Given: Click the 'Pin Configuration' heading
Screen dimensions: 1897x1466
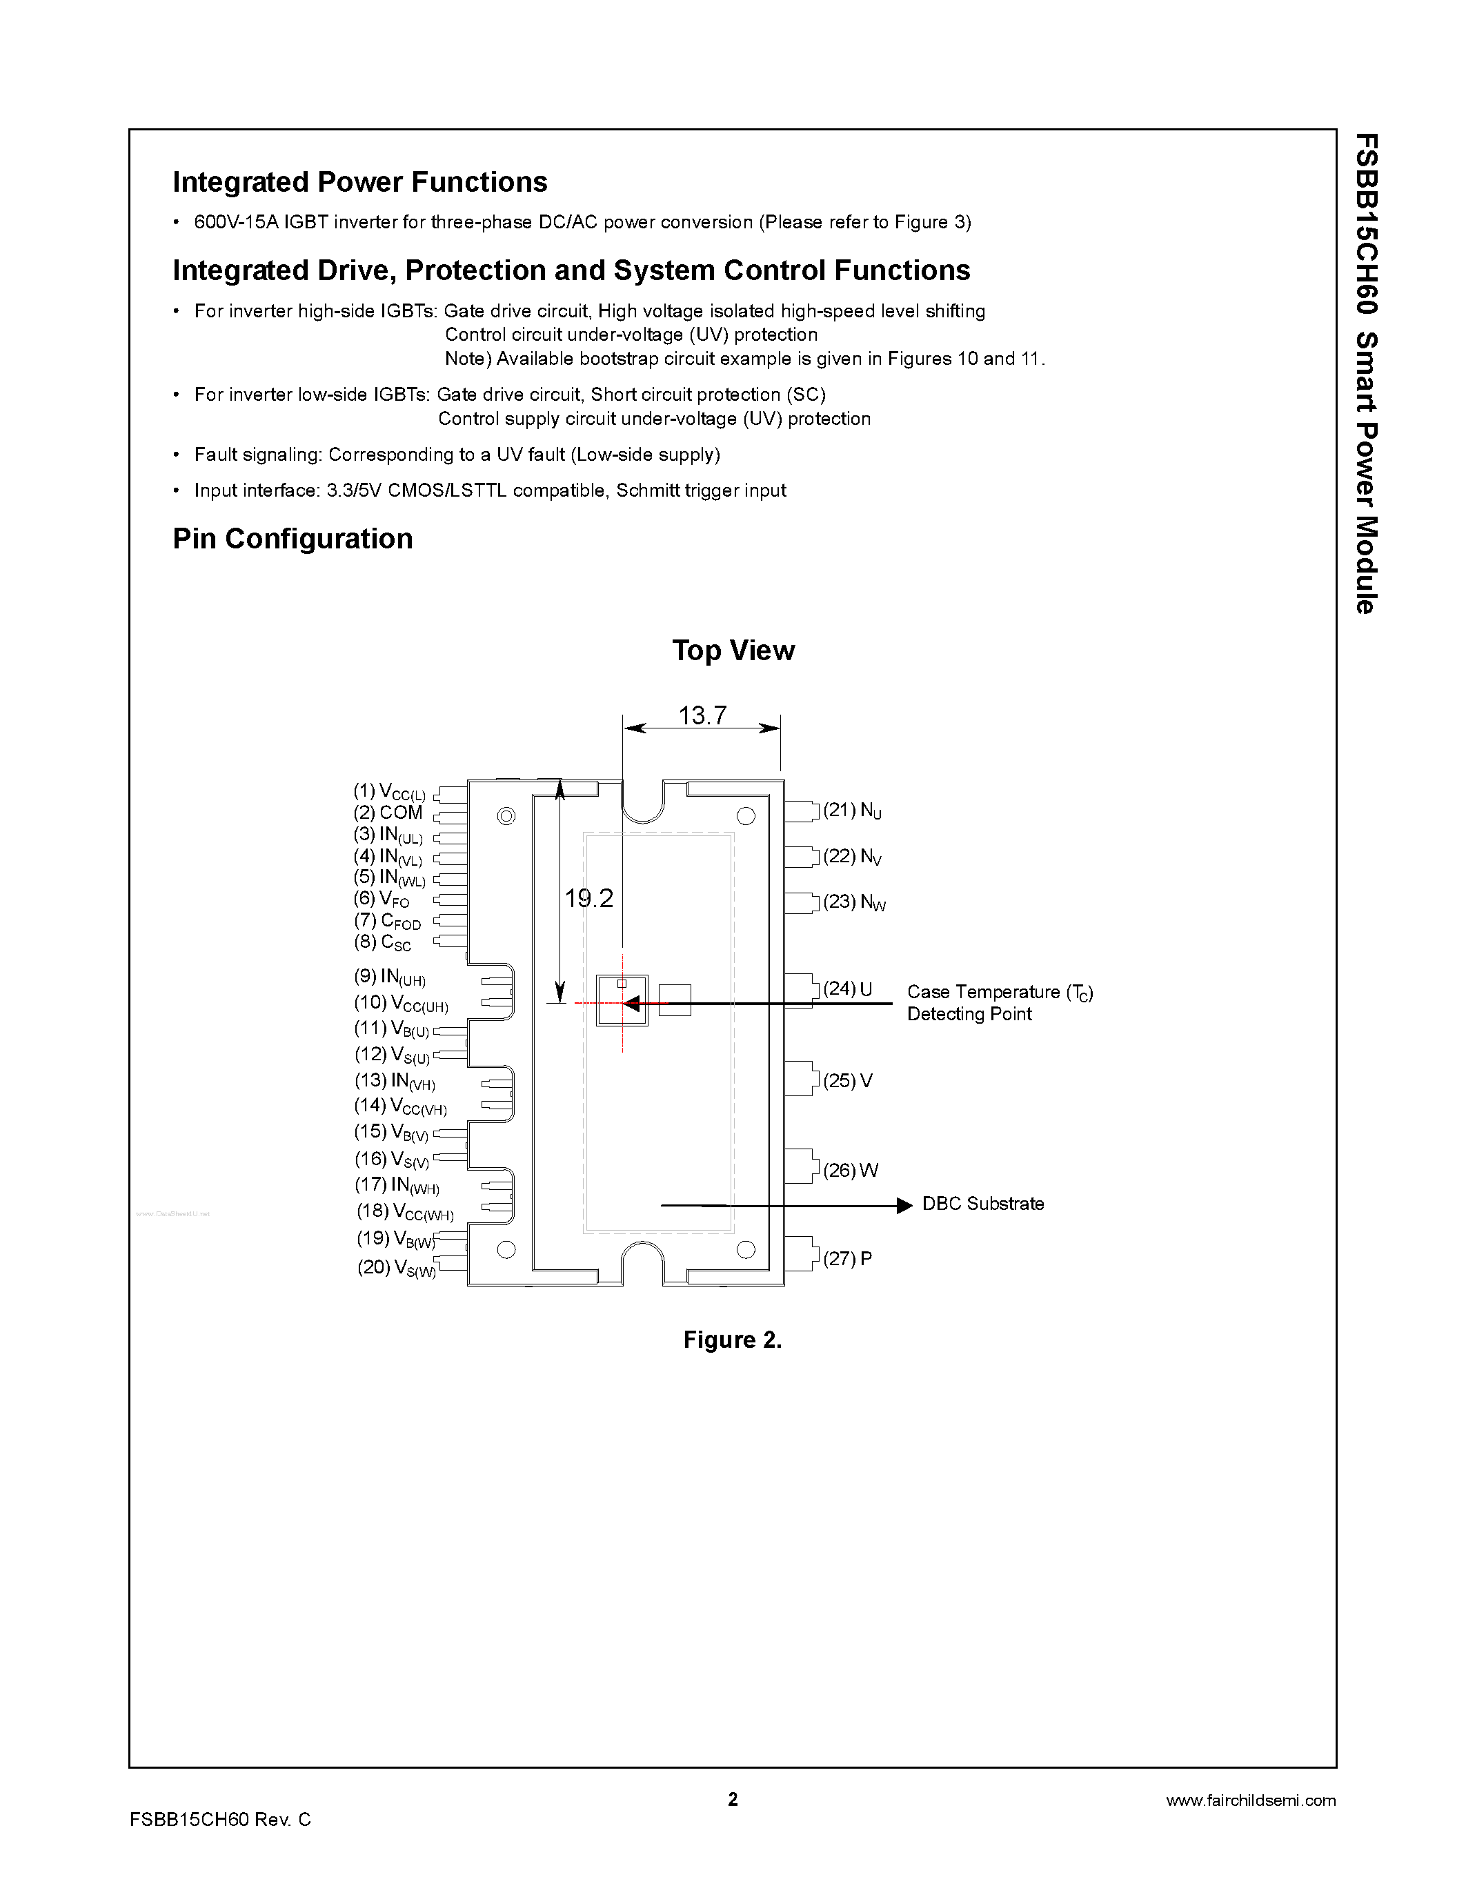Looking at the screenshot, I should coord(293,539).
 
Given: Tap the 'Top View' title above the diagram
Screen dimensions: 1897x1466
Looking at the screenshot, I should coord(733,650).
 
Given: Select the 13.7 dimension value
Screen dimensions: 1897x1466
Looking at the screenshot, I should coord(702,716).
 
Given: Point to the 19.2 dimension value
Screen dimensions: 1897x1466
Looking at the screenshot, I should coord(589,898).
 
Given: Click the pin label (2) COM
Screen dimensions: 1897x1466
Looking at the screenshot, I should coord(387,813).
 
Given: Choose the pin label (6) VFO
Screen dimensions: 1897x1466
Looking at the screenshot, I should coord(382,900).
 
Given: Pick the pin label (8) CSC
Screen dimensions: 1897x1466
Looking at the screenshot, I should coord(382,942).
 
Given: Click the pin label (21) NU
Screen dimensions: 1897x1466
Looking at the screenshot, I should coord(852,811).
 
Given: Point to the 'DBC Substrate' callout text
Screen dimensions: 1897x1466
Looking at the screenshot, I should coord(983,1204).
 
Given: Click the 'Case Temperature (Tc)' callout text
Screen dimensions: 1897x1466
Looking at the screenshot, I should coord(1000,992).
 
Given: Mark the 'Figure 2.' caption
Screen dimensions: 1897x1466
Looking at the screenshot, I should coord(732,1340).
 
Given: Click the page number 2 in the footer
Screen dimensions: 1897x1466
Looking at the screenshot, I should coord(733,1799).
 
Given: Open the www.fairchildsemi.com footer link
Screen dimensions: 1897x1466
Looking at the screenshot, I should coord(1251,1800).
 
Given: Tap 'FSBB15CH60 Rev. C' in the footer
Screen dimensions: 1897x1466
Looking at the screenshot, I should coord(219,1820).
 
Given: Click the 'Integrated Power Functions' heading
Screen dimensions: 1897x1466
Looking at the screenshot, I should coord(359,182).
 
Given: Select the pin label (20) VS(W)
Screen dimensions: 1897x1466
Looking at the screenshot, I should coord(397,1268).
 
